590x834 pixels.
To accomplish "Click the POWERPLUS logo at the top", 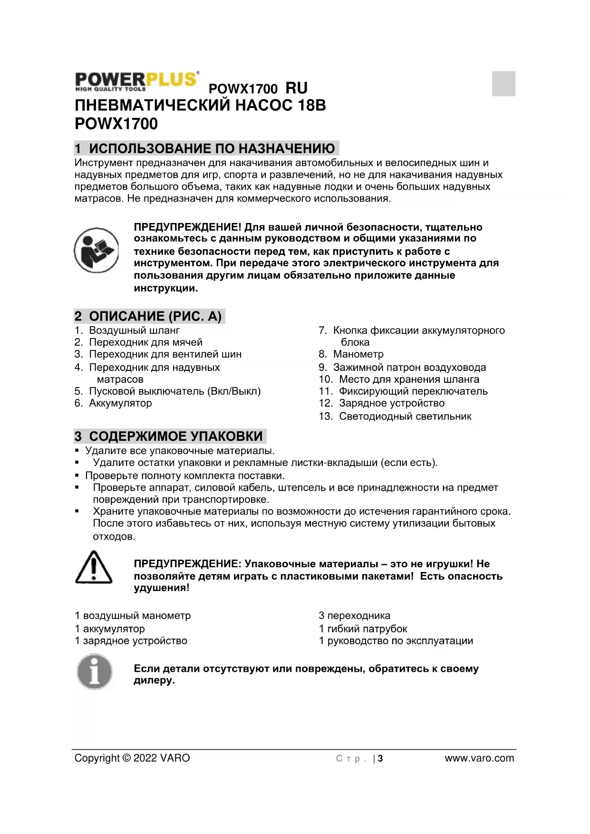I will coord(137,81).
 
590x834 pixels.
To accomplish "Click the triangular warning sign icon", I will coord(94,567).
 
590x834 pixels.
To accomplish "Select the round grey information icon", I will coord(95,672).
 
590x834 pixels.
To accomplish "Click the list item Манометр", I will coord(358,354).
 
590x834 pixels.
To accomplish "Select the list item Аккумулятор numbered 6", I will coord(120,403).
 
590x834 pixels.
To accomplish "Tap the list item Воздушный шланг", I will coord(134,330).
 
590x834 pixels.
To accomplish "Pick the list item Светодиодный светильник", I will coord(405,417).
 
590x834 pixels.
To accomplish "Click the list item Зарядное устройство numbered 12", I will coord(391,403).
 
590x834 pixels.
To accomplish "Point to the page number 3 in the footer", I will coord(380,758).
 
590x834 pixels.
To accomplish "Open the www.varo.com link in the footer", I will coord(479,758).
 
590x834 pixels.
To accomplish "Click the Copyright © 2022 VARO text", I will coord(132,758).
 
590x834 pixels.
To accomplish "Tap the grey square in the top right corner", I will coord(503,83).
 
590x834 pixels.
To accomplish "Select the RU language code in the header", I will coord(296,88).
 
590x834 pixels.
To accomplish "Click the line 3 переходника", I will coord(354,616).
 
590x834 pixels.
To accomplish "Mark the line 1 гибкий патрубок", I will coord(363,629).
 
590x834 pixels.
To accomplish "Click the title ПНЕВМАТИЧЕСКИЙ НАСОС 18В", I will coord(200,105).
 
